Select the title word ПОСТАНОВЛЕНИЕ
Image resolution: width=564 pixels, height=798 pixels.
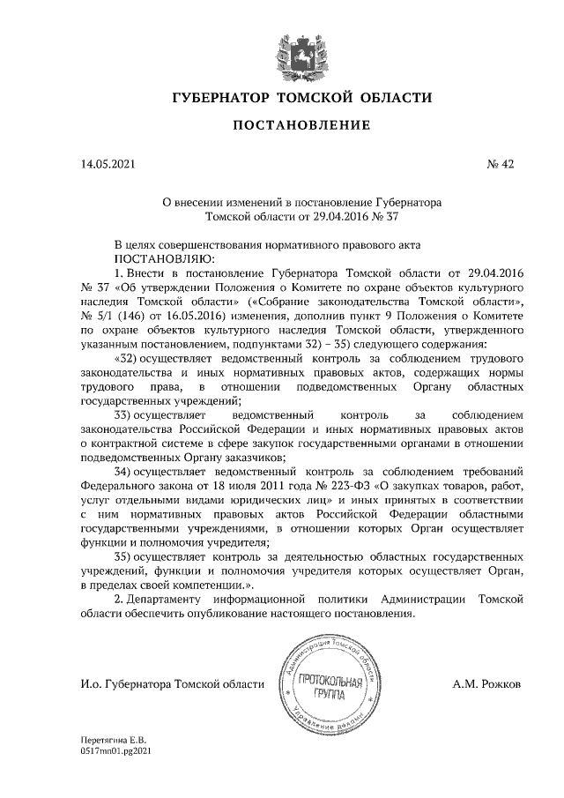click(301, 127)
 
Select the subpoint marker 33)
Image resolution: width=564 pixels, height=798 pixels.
click(130, 415)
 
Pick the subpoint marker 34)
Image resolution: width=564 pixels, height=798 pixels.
click(130, 472)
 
